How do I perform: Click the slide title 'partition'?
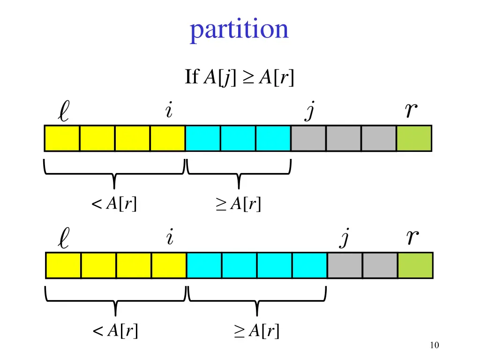[x=239, y=30]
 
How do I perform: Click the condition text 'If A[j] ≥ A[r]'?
[x=240, y=77]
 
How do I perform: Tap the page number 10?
[x=434, y=345]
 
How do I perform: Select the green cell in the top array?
[x=414, y=138]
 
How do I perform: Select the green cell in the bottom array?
[x=415, y=265]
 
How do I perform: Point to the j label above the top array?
[x=309, y=112]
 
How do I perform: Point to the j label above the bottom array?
[x=345, y=239]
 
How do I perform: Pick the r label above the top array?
[x=411, y=111]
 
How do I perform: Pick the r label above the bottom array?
[x=412, y=238]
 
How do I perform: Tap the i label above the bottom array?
[x=170, y=238]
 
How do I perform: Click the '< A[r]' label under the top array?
[x=115, y=204]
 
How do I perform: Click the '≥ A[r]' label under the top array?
[x=238, y=204]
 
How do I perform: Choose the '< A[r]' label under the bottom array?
[x=116, y=331]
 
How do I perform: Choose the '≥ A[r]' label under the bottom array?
[x=257, y=331]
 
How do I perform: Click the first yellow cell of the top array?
[x=62, y=138]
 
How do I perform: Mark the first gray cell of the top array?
[x=308, y=138]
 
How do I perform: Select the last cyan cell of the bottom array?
[x=309, y=265]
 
